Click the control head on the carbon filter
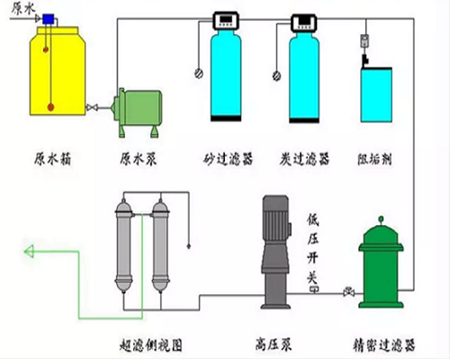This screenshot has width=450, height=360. point(302,18)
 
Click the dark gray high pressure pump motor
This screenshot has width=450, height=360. point(273,225)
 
